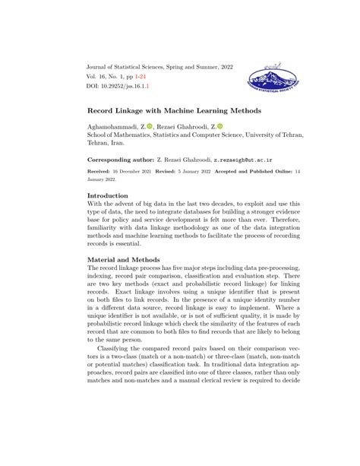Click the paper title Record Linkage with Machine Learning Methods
[x=174, y=110]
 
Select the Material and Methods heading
[x=124, y=260]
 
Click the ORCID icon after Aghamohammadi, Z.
[x=150, y=125]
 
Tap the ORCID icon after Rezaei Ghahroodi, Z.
[x=220, y=125]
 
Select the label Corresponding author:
[x=121, y=161]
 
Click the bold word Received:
[x=102, y=173]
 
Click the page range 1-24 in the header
[x=153, y=78]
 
